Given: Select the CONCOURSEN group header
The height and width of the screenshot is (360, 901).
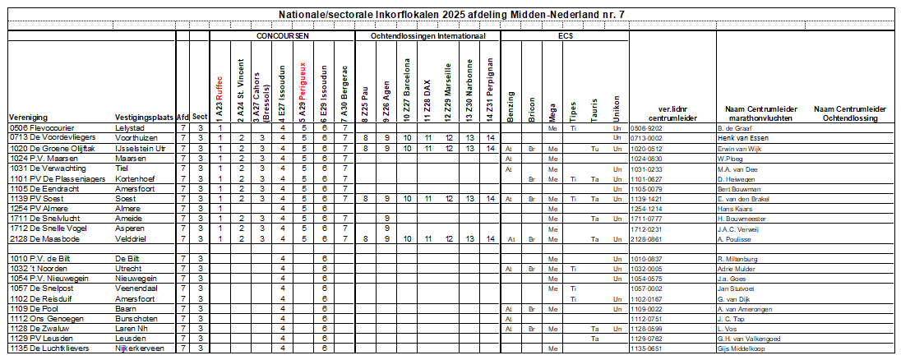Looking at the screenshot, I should click(x=282, y=36).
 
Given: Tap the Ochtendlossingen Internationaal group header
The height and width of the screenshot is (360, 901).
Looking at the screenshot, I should click(x=427, y=36).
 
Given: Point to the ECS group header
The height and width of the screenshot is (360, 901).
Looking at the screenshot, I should click(x=566, y=36).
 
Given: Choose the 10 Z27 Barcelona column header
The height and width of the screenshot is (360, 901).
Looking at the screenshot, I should click(x=407, y=88).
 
